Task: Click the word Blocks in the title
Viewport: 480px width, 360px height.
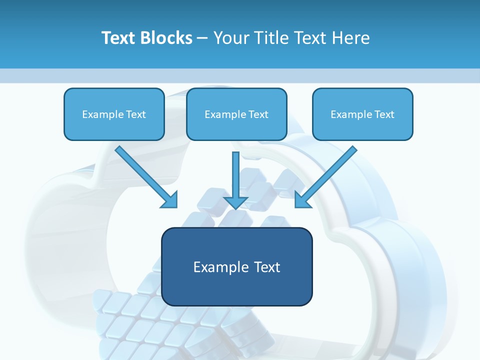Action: [x=166, y=38]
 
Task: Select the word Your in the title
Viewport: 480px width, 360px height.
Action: [x=230, y=38]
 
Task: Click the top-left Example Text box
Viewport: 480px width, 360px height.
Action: [x=114, y=114]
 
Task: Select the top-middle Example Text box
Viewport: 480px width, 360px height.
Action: [x=236, y=114]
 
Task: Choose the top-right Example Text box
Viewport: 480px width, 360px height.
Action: [x=362, y=114]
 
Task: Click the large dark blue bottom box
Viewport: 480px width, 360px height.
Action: [x=236, y=266]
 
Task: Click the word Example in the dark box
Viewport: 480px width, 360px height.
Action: [x=221, y=267]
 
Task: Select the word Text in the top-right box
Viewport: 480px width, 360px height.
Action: [x=384, y=114]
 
